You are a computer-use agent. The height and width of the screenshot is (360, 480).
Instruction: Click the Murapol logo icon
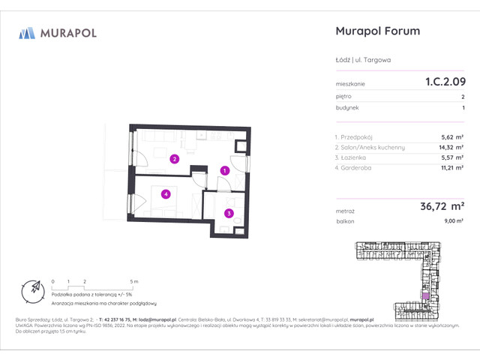(x=27, y=32)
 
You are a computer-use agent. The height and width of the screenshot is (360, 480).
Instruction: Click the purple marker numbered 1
(x=224, y=170)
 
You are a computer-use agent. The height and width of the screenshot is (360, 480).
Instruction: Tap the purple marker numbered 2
(x=174, y=159)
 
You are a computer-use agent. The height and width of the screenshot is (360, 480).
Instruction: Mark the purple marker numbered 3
(x=229, y=214)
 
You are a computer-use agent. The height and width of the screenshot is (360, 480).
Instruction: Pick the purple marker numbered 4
(x=166, y=194)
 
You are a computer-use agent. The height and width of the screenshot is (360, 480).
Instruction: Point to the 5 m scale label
(x=133, y=280)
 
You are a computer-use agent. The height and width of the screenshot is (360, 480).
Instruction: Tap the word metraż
(x=345, y=211)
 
